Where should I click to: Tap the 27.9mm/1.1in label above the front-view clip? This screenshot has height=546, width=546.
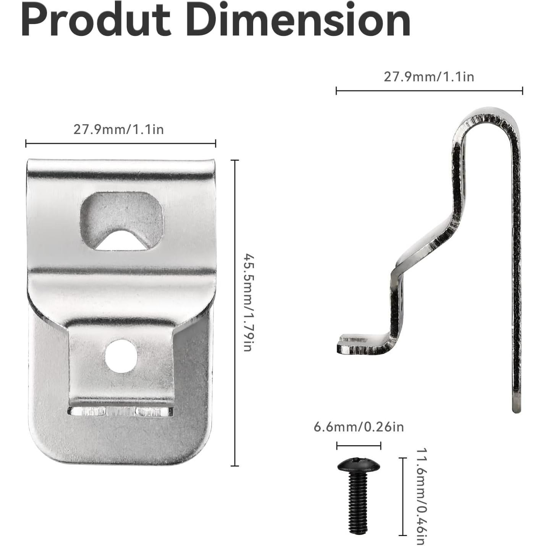pyautogui.click(x=119, y=129)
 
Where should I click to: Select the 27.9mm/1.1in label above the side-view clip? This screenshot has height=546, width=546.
pyautogui.click(x=429, y=77)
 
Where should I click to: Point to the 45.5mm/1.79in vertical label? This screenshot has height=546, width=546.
pyautogui.click(x=249, y=303)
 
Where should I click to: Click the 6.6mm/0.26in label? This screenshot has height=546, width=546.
pyautogui.click(x=359, y=427)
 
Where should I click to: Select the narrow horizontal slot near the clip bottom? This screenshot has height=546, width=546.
pyautogui.click(x=120, y=412)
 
